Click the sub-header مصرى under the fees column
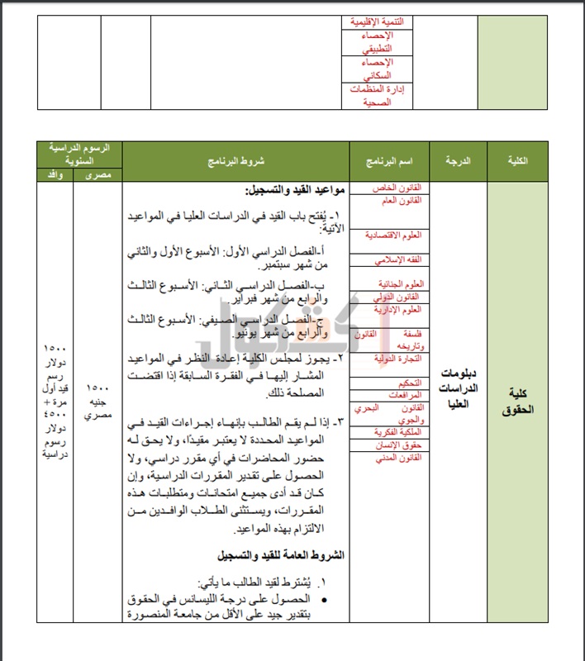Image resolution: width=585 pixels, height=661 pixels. click(x=98, y=174)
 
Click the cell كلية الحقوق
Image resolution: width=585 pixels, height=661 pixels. click(x=517, y=402)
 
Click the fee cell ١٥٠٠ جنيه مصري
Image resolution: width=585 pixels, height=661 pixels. click(x=98, y=402)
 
